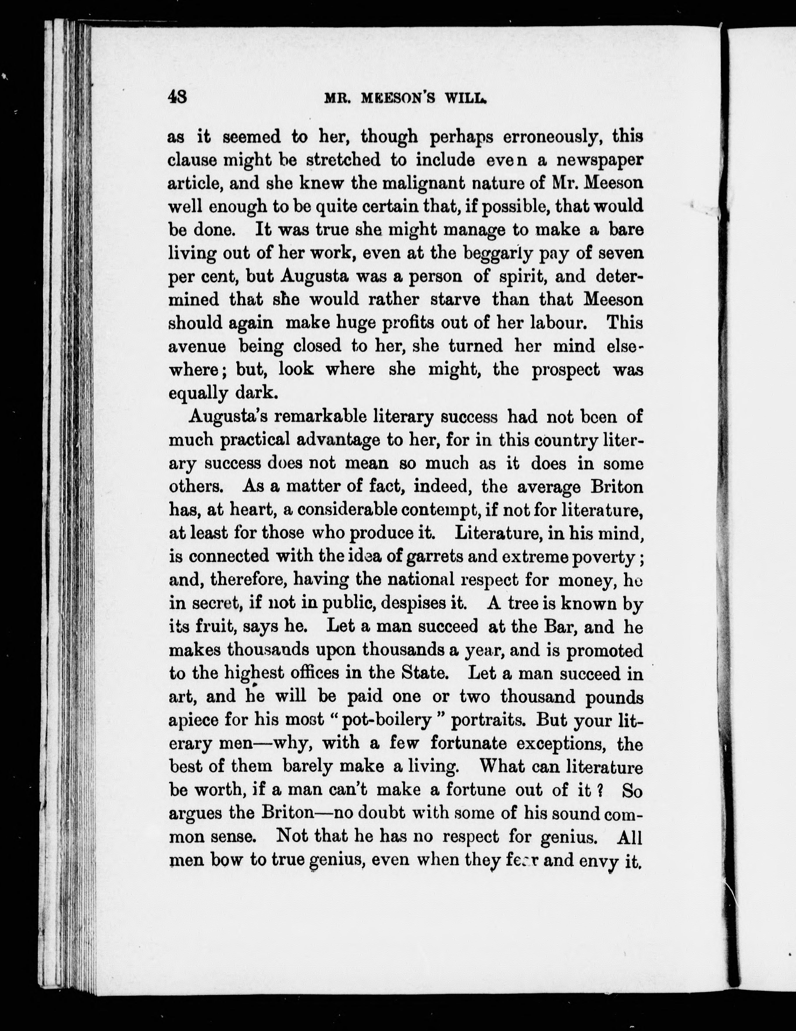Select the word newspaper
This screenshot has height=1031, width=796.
(599, 160)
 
